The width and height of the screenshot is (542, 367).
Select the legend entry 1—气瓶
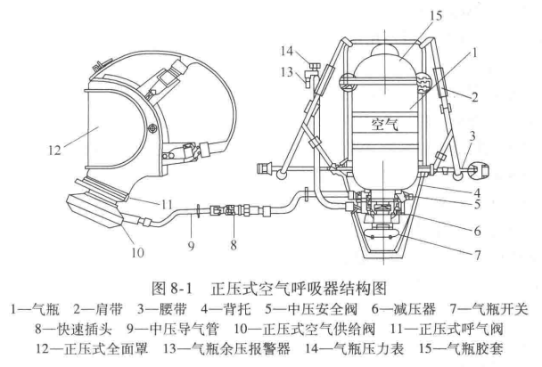tap(33, 311)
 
